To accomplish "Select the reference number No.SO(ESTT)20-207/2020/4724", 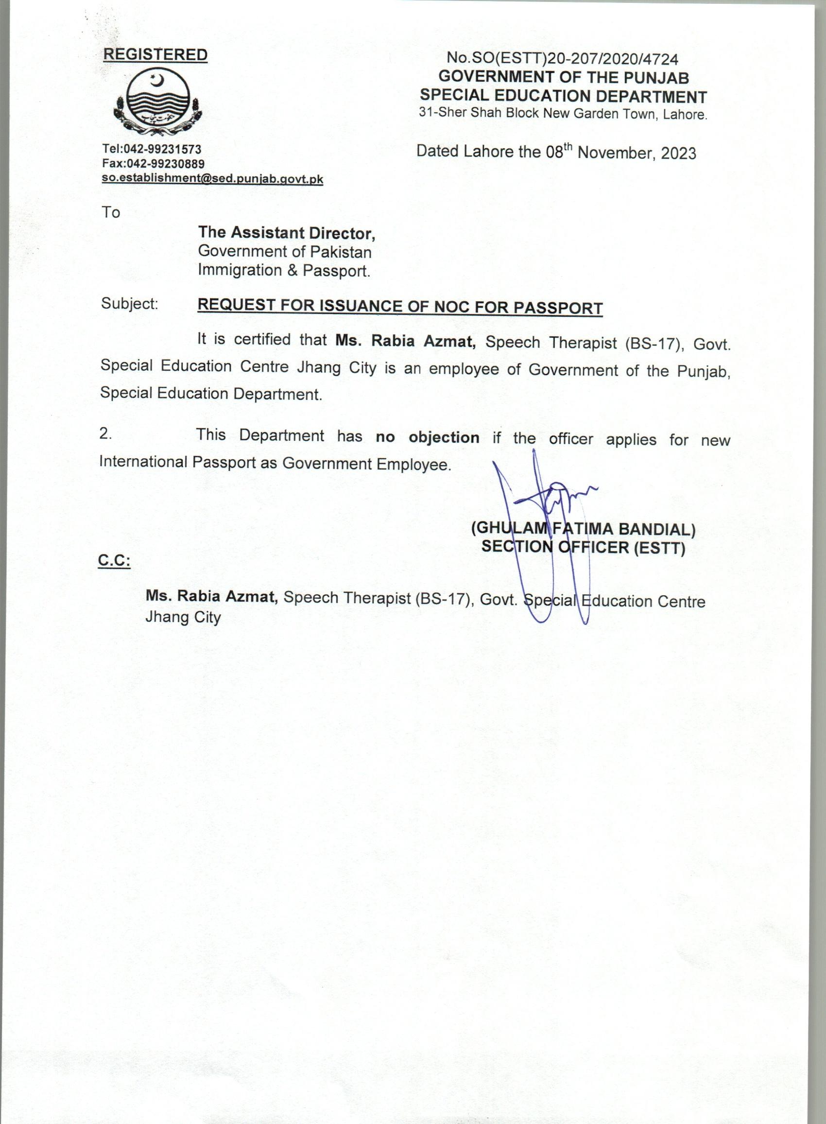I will [563, 59].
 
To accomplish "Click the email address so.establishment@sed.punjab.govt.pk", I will [212, 178].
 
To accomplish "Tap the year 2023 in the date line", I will [678, 153].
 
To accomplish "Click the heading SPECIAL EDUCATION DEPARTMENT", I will [564, 96].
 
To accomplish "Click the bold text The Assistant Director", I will [287, 232].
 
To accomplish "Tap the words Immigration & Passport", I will [284, 271].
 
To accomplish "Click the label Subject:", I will [130, 304].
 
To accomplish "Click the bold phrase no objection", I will [428, 437].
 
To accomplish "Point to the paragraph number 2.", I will [105, 433].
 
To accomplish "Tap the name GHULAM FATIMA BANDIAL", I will [583, 529].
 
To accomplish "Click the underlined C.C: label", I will [114, 561].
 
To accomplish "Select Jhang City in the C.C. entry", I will [183, 618].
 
